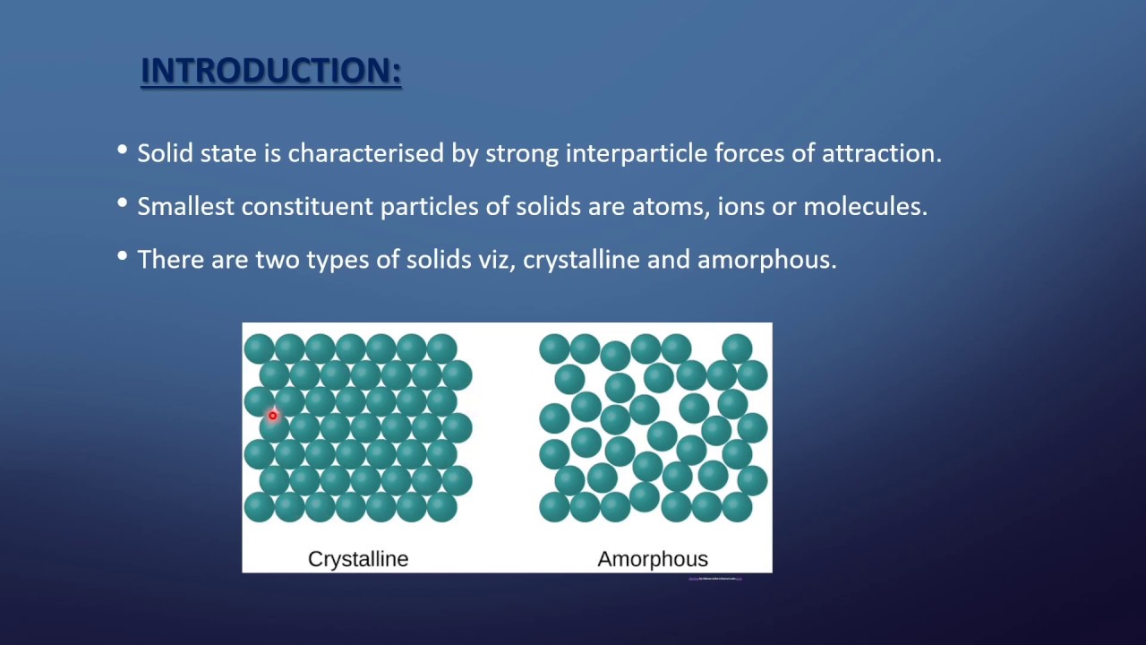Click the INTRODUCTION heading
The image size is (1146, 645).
tap(271, 71)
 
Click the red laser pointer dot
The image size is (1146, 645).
tap(273, 415)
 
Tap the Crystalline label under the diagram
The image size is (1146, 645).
tap(358, 559)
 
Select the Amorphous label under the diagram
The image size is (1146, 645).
tap(653, 559)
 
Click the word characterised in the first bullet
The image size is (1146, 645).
tap(366, 153)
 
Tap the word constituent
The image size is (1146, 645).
tap(307, 207)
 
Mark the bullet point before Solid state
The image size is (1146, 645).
tap(123, 151)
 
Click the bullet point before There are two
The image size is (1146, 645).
tap(123, 258)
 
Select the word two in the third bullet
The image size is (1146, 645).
tap(278, 260)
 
